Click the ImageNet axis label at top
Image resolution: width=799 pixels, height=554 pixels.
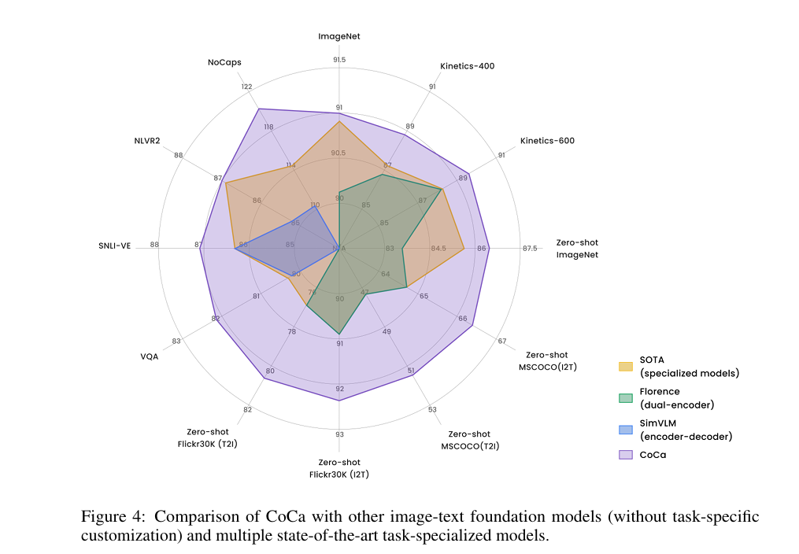[339, 36]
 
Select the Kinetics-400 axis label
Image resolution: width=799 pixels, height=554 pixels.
[467, 66]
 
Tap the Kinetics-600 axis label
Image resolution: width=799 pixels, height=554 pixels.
[547, 141]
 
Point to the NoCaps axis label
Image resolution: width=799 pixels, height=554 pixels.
[224, 62]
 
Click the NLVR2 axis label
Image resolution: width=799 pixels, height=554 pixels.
[147, 141]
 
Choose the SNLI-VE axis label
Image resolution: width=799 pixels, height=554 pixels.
[115, 246]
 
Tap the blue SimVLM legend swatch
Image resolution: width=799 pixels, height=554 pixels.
[625, 430]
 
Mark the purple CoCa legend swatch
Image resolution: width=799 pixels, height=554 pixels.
[625, 455]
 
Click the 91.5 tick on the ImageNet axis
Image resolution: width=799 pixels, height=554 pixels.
[339, 60]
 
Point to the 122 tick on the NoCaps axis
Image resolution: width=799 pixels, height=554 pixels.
[246, 87]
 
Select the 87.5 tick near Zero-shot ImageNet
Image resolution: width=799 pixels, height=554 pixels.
[530, 249]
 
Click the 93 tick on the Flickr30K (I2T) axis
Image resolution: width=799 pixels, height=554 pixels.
[339, 434]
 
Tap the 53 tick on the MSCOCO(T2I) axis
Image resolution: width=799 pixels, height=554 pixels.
[432, 409]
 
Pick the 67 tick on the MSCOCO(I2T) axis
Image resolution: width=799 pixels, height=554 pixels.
[501, 341]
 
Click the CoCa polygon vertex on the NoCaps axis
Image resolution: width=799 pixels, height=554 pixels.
[259, 109]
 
